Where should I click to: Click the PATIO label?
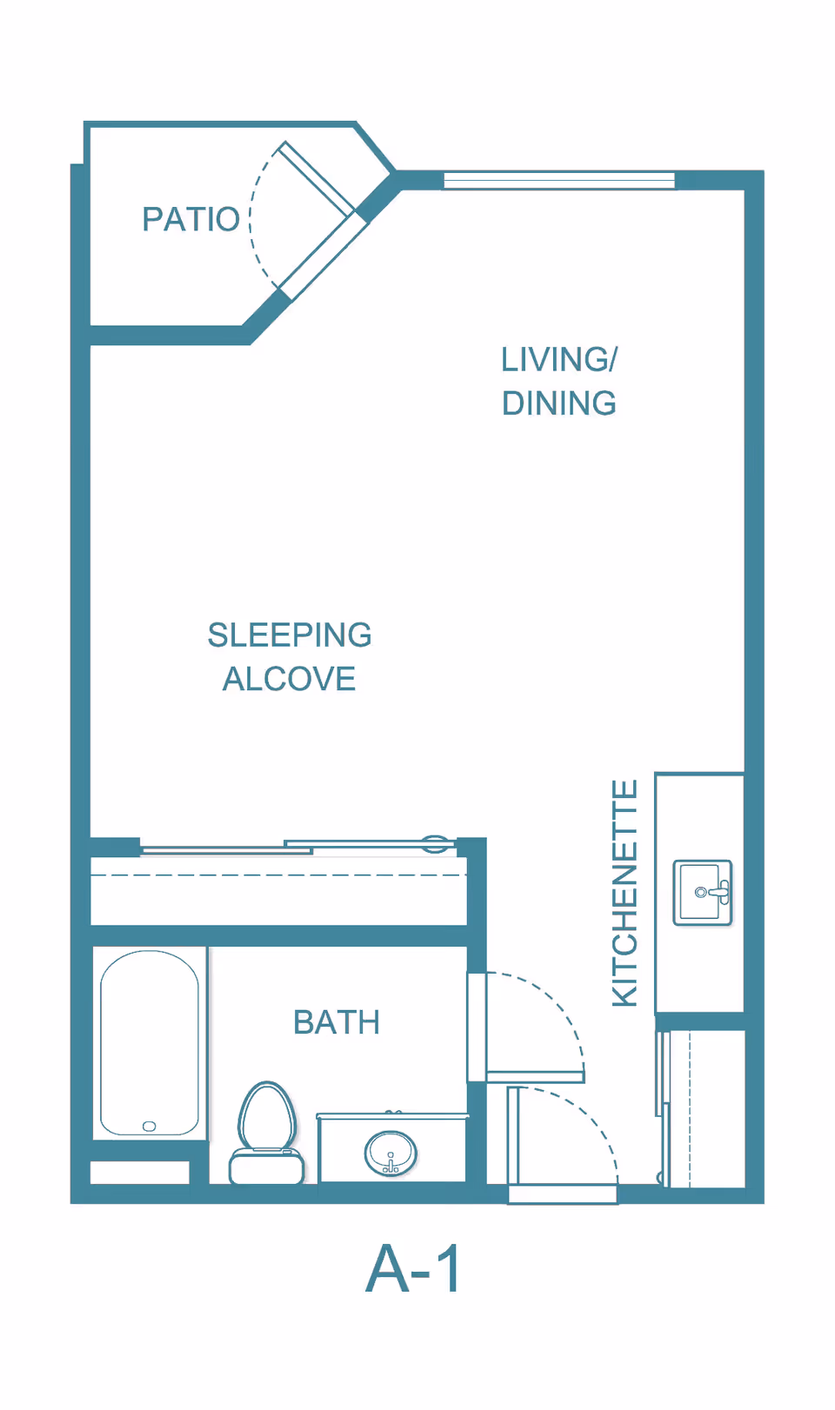(190, 219)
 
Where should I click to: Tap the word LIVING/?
(559, 359)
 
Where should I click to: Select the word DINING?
(559, 402)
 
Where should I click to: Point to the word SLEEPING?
(290, 635)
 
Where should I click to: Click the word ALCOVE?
(289, 679)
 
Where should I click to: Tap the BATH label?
(337, 1022)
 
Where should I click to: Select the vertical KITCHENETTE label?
(625, 893)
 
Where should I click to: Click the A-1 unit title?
(412, 1270)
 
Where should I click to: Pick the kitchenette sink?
(702, 893)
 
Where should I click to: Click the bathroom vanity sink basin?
(391, 1154)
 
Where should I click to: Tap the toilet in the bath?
(266, 1133)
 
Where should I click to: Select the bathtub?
(150, 1043)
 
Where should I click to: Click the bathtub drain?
(150, 1126)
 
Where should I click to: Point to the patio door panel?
(317, 178)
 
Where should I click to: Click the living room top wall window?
(559, 180)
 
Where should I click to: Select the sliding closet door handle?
(435, 843)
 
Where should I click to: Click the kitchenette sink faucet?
(716, 892)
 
